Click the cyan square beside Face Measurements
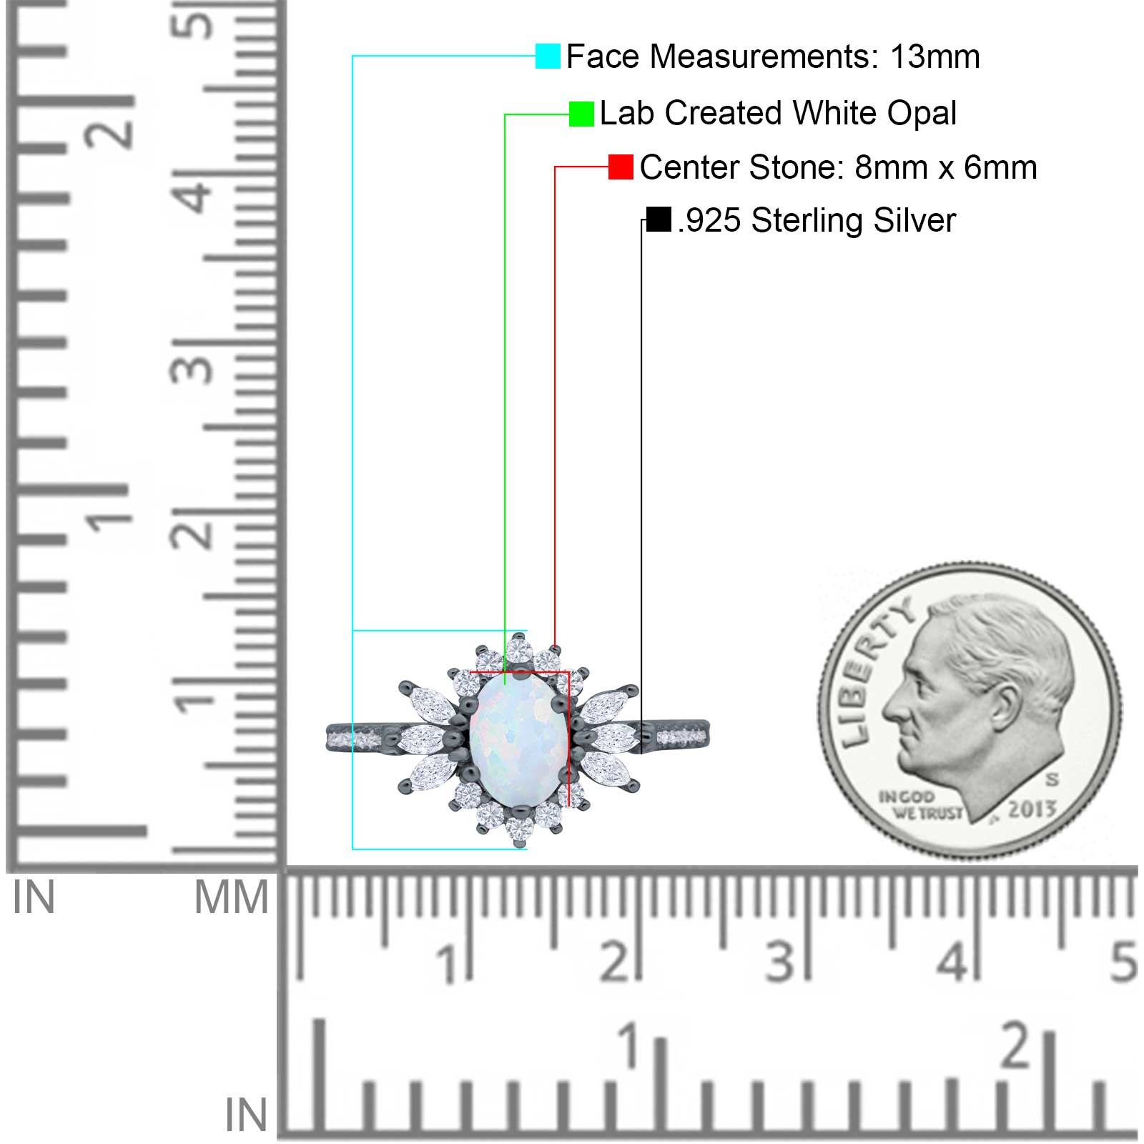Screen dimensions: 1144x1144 548,56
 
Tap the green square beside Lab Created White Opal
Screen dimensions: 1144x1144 581,114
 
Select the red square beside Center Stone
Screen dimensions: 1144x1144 621,167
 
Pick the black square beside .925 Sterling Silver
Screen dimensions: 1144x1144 659,219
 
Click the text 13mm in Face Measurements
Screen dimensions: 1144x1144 935,56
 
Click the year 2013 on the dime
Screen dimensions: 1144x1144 1032,809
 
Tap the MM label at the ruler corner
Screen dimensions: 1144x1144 232,897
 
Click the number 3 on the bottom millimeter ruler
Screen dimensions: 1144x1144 779,961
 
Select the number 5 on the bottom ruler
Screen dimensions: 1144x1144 1123,961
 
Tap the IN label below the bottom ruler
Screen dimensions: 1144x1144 246,1115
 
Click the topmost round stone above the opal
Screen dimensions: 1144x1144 519,651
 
